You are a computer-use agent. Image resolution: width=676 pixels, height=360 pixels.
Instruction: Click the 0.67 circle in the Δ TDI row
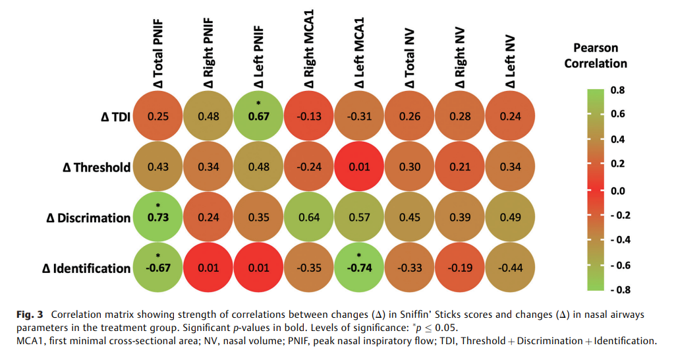point(258,116)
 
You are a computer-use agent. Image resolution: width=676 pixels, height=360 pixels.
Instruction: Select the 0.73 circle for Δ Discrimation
point(158,218)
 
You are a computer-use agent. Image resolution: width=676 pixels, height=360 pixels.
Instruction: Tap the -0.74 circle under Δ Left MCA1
point(359,268)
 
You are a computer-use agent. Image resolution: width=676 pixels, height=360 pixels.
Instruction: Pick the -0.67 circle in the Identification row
point(158,268)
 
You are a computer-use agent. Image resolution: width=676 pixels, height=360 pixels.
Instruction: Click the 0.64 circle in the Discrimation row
point(309,218)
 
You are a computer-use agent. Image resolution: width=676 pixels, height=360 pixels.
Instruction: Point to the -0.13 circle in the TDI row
point(309,116)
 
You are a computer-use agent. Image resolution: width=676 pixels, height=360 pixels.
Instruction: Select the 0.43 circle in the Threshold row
point(158,167)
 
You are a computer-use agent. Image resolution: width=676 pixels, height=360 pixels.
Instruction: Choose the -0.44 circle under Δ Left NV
point(509,268)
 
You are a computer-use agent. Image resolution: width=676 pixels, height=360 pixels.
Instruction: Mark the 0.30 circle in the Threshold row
point(409,167)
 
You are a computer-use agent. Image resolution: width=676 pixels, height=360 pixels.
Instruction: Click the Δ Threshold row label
point(92,167)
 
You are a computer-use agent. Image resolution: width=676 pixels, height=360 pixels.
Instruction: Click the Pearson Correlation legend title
point(595,55)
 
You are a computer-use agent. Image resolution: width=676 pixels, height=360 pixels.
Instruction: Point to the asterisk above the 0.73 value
point(158,206)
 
